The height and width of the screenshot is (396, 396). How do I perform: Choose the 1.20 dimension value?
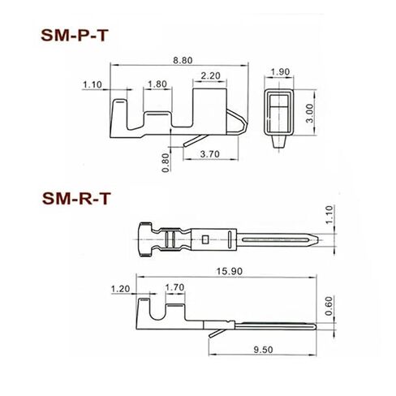coord(121,288)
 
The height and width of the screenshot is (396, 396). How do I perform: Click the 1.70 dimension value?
coord(174,288)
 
